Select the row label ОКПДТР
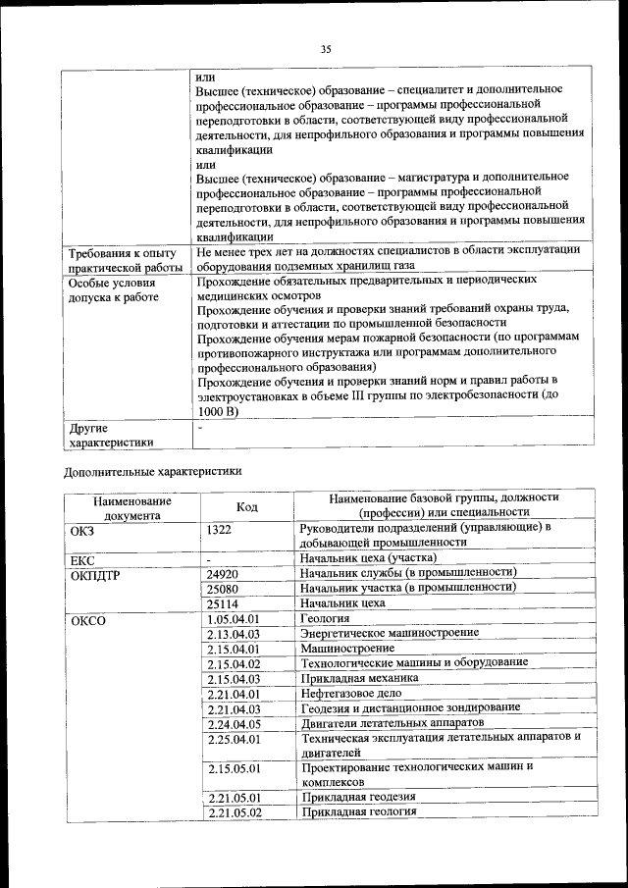[95, 574]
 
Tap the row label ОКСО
[87, 620]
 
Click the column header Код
[247, 505]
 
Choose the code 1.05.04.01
[233, 619]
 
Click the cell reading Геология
[326, 619]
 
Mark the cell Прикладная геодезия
[358, 797]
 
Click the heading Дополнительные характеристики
[152, 470]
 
